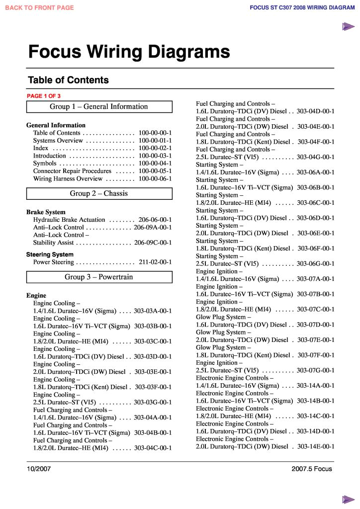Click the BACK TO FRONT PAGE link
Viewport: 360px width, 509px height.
(39, 7)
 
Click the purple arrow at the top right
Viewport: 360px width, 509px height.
(348, 27)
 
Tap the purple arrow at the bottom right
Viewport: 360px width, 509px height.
(348, 499)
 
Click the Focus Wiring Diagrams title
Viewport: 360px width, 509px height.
(129, 52)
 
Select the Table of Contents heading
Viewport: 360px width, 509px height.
(68, 80)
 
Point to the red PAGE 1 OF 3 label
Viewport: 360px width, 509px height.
(43, 96)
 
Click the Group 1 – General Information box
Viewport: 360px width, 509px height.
(99, 107)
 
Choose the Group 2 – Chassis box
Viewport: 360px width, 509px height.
(99, 194)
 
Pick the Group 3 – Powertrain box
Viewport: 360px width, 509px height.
(99, 277)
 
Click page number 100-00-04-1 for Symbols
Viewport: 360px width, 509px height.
(155, 164)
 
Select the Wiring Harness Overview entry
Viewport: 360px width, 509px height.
(68, 179)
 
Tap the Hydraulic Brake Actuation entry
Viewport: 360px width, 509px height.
(69, 220)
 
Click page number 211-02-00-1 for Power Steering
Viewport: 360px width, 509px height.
(155, 262)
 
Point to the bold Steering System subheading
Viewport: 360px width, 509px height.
(50, 254)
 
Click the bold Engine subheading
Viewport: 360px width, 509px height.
(36, 296)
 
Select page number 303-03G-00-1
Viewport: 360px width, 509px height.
(153, 402)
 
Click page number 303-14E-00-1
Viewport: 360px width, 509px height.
(316, 446)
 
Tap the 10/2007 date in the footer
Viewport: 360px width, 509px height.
(39, 469)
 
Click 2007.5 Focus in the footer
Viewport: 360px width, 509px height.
(312, 469)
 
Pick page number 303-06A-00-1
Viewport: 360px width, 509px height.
(316, 172)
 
